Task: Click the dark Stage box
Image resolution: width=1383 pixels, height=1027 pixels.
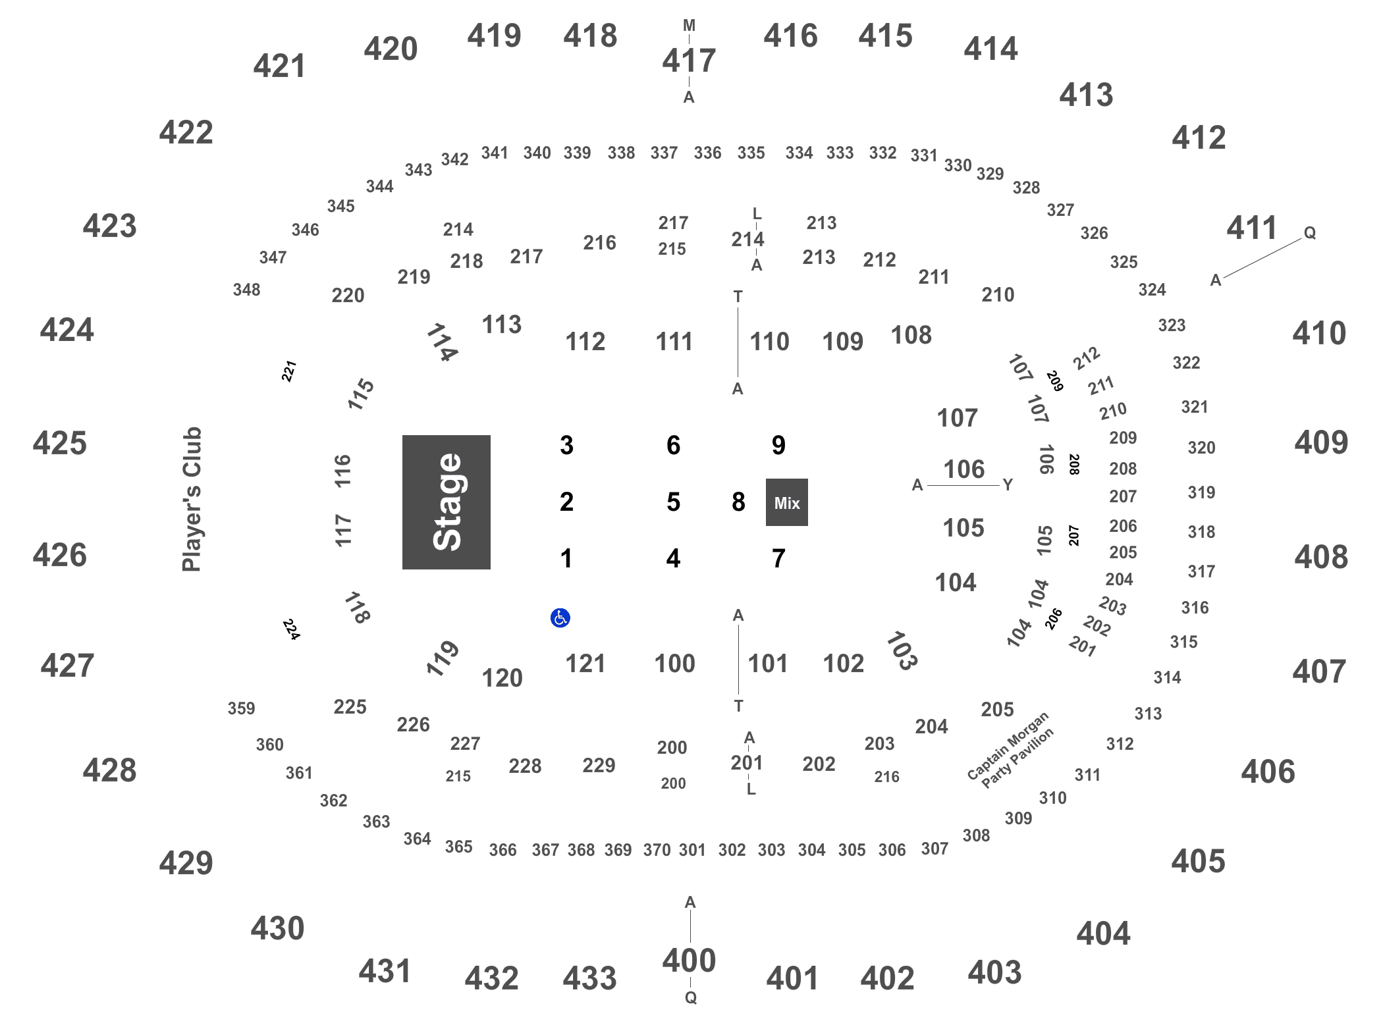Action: tap(446, 502)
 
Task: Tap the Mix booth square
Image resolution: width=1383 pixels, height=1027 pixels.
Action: tap(786, 502)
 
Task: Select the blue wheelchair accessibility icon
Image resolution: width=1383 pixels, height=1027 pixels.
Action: tap(560, 618)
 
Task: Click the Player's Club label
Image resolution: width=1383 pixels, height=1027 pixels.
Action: tap(192, 500)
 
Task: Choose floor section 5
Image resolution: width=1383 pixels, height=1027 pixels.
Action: tap(673, 502)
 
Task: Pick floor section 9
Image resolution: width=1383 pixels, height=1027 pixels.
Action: tap(778, 446)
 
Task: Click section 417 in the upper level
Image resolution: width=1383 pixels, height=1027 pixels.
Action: tap(689, 61)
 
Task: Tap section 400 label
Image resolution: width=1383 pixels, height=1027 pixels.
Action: tap(689, 961)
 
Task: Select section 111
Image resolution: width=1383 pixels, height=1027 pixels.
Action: tap(674, 342)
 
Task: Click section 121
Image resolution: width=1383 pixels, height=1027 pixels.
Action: tap(585, 664)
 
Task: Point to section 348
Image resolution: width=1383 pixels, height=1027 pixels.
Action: tap(246, 290)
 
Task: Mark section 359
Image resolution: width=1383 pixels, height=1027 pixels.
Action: tap(241, 708)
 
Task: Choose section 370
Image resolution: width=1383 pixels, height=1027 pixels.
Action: tap(657, 850)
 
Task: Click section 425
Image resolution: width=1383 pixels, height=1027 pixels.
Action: tap(59, 443)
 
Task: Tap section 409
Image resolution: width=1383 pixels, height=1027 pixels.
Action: tap(1321, 442)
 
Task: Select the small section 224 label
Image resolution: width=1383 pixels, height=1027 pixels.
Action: tap(291, 629)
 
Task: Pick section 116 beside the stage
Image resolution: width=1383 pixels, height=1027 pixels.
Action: tap(342, 471)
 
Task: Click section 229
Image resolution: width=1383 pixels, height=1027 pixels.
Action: tap(599, 765)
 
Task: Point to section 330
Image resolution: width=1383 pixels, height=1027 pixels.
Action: tap(958, 165)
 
